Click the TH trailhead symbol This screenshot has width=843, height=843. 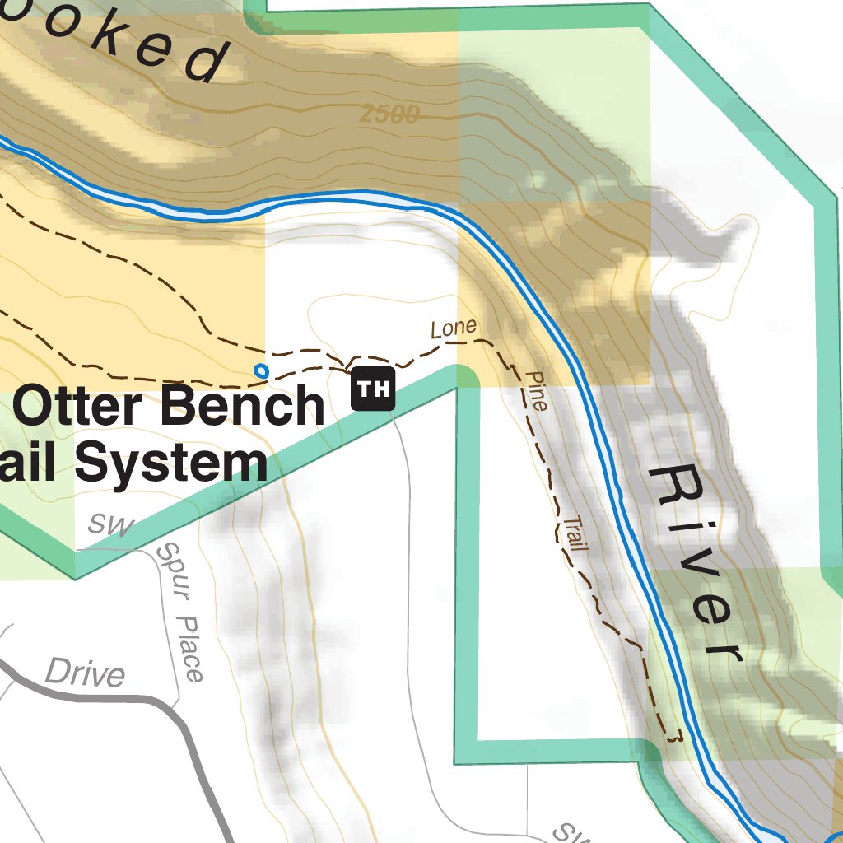373,389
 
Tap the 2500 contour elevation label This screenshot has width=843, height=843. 389,115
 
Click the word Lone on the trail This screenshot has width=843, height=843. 454,328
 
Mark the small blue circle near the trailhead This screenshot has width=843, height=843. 261,370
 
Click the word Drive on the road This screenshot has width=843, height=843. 85,673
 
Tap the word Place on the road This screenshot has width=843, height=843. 190,650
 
